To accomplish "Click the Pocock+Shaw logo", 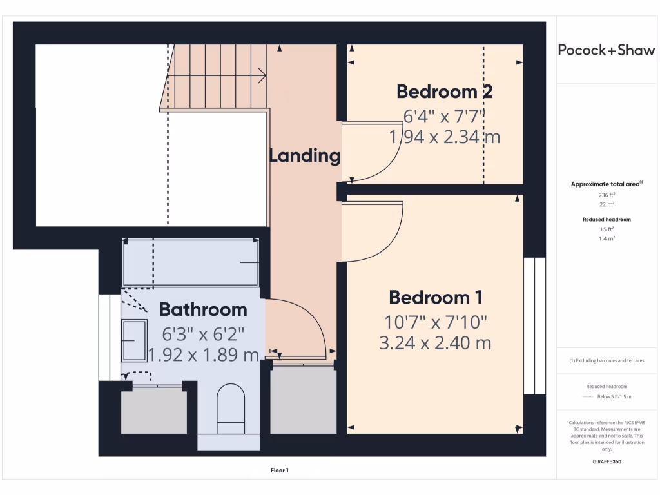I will click(606, 50).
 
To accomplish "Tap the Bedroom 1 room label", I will click(436, 298).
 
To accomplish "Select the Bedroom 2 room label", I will click(445, 92).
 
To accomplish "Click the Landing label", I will click(304, 155).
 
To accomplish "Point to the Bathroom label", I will click(203, 310).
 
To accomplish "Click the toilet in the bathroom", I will click(231, 409).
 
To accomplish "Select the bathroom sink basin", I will click(135, 340).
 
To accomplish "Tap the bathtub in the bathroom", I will click(191, 263).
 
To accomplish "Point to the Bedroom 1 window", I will click(534, 325).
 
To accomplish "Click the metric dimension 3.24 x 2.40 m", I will click(436, 343).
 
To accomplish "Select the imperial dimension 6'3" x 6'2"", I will click(203, 335).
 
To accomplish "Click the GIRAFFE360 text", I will click(607, 461).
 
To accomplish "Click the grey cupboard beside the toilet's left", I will click(153, 411).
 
